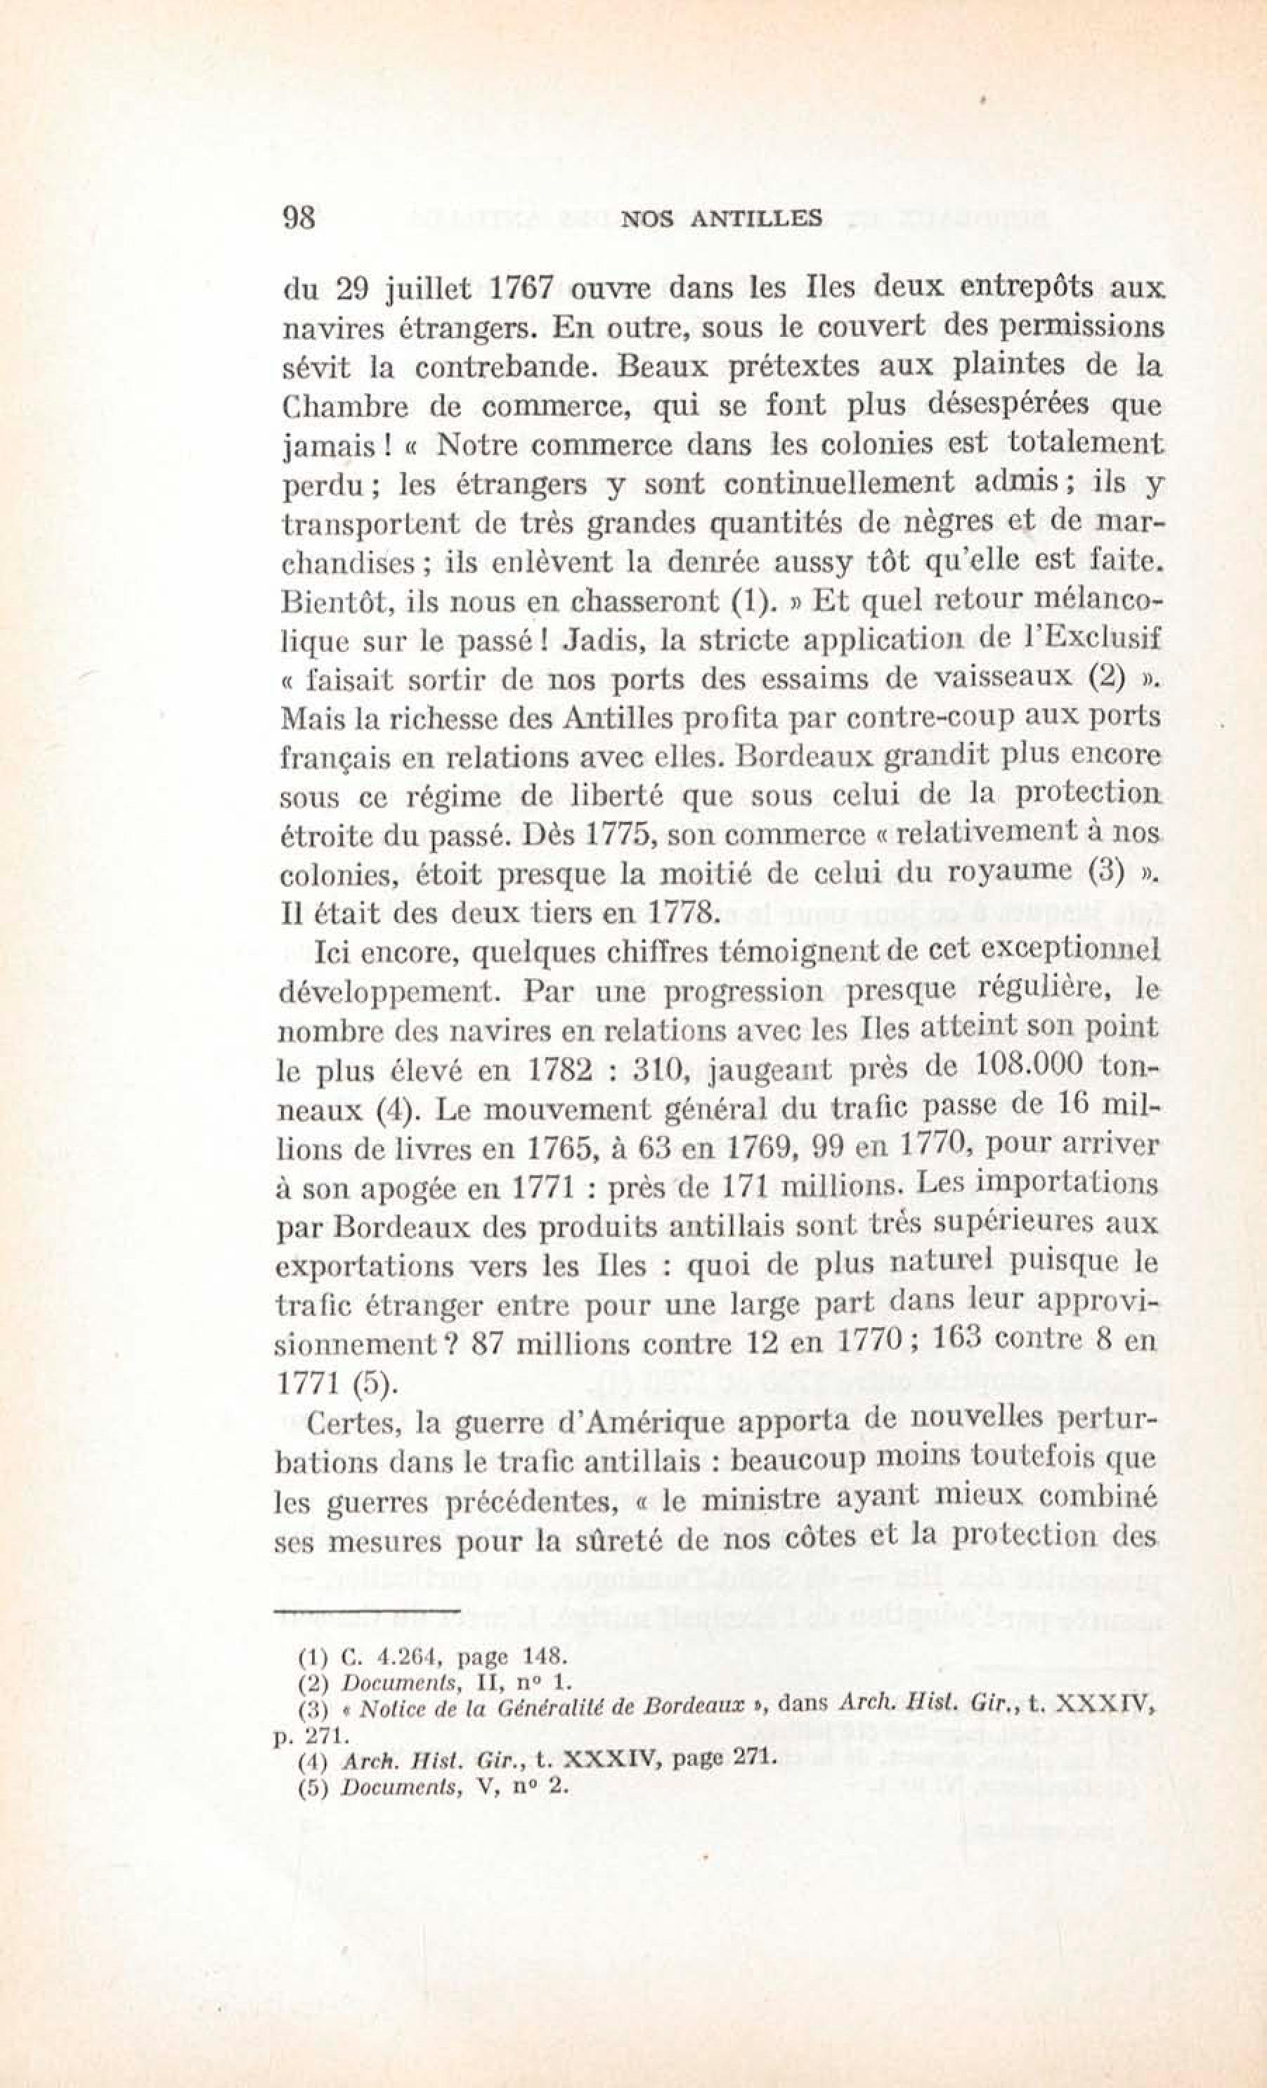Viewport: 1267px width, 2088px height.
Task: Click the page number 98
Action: point(298,219)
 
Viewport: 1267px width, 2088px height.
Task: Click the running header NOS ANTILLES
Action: point(722,219)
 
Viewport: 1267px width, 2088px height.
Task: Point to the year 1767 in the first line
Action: point(523,287)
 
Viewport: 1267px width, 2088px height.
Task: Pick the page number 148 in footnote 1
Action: point(526,1654)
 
